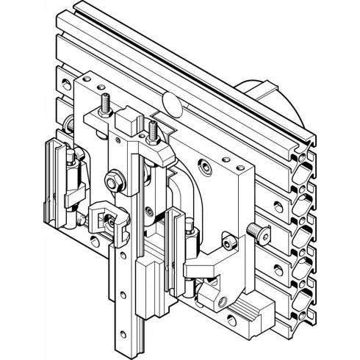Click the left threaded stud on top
tap(106, 104)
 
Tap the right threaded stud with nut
tap(153, 132)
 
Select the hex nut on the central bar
tap(115, 179)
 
